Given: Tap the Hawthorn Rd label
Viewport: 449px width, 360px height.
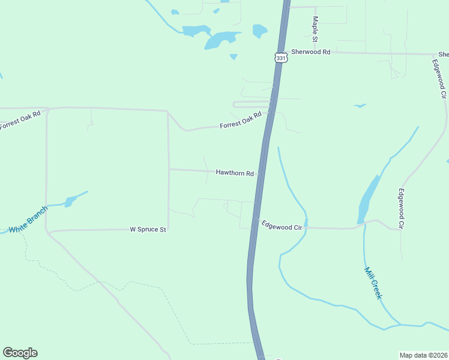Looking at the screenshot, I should click(x=235, y=173).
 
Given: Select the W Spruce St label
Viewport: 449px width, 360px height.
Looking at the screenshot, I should click(x=148, y=229).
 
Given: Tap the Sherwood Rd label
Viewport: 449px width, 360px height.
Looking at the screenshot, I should click(x=311, y=52).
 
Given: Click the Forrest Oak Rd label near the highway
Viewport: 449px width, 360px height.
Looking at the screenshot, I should click(x=241, y=119).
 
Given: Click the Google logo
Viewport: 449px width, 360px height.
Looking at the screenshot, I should click(x=20, y=353).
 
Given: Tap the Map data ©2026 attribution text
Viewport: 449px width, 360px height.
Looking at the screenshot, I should click(x=424, y=355).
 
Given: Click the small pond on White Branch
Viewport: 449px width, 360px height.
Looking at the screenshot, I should click(x=70, y=201).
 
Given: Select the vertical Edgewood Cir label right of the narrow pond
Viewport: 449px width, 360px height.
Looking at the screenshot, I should click(x=401, y=209).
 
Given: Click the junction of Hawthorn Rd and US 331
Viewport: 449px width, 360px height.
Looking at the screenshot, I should click(x=260, y=175).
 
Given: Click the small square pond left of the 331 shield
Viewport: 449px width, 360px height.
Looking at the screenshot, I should click(x=260, y=30).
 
